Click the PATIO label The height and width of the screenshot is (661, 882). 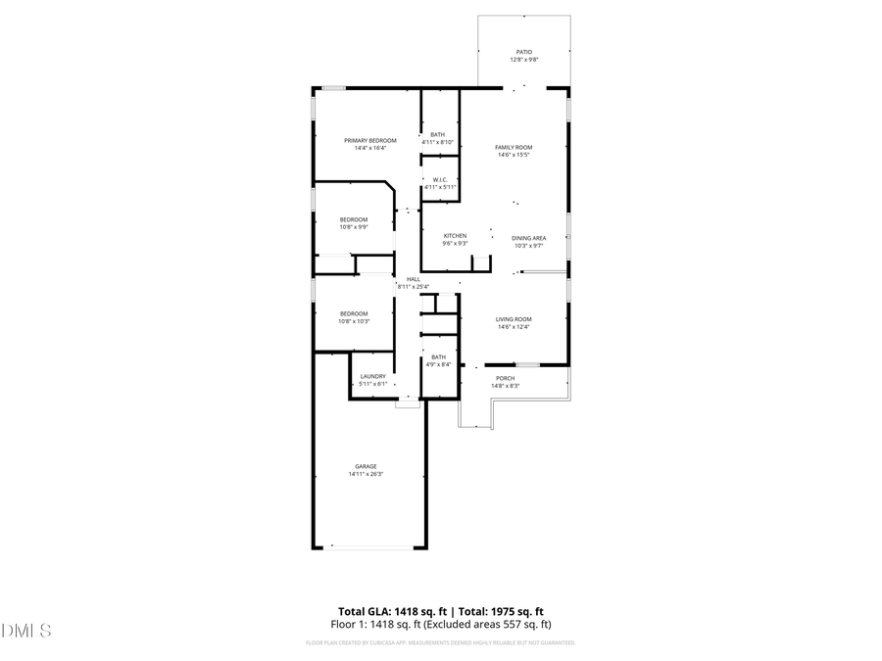[x=524, y=52]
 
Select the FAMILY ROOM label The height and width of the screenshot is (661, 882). [x=514, y=147]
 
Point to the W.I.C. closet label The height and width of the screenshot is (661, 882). [x=441, y=179]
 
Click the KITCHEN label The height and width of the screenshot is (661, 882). [x=455, y=235]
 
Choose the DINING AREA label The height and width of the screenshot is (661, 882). [x=529, y=238]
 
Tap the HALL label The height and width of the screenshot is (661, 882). [x=414, y=278]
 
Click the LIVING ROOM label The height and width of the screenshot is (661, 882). [x=514, y=319]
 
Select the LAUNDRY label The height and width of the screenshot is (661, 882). [x=373, y=376]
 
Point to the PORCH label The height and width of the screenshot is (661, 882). [x=505, y=378]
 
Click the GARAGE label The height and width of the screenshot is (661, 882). [x=366, y=466]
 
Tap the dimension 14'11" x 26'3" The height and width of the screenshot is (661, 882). [x=366, y=474]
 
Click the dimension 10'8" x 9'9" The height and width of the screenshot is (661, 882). [x=354, y=227]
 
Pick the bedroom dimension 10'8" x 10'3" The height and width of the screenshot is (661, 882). [x=354, y=321]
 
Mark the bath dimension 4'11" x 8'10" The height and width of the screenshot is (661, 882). [x=437, y=142]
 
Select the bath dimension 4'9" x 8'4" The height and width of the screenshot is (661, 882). [x=438, y=364]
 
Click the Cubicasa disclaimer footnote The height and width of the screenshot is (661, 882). [x=441, y=643]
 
